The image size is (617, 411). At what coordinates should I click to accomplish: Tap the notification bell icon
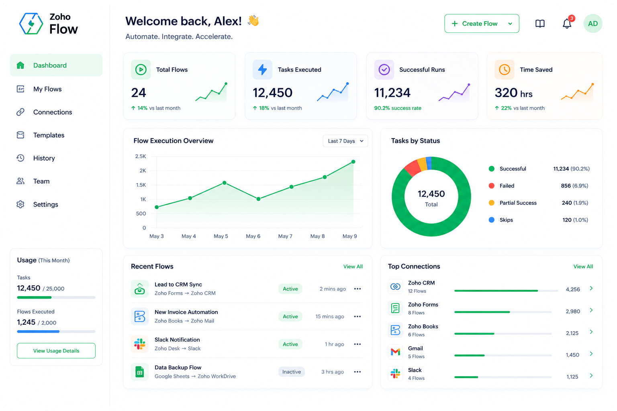[x=567, y=24]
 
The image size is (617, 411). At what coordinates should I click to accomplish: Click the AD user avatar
[x=593, y=23]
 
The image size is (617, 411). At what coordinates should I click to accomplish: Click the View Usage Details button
[x=56, y=350]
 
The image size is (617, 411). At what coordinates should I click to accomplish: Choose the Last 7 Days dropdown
[x=345, y=141]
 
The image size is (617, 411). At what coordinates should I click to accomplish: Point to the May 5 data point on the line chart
[x=225, y=183]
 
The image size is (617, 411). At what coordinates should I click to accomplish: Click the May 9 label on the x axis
[x=349, y=236]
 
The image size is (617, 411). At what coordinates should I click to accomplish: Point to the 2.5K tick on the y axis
[x=141, y=157]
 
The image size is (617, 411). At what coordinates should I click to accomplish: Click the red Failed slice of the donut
[x=412, y=168]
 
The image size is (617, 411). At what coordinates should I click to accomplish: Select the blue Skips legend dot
[x=491, y=220]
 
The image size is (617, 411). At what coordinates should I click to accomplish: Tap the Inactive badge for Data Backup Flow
[x=291, y=372]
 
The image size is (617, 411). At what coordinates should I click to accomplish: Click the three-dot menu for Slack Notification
[x=357, y=344]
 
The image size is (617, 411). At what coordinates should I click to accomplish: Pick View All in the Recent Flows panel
[x=353, y=267]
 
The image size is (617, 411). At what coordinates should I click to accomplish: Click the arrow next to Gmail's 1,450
[x=591, y=354]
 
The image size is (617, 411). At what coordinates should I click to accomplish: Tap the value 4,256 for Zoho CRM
[x=573, y=289]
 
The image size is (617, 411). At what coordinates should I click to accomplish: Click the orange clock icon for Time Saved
[x=505, y=70]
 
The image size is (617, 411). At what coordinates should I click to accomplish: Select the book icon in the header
[x=540, y=24]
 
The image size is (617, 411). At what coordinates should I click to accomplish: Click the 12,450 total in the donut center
[x=431, y=194]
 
